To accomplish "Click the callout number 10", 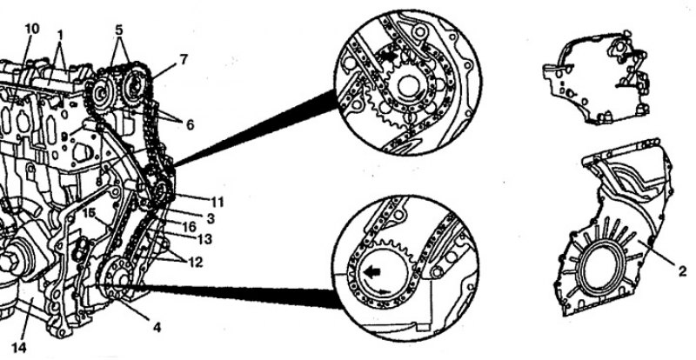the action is (x=32, y=29).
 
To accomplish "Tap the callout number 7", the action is (x=184, y=59).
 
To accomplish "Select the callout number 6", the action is (x=190, y=125).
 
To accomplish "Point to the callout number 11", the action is (x=217, y=203).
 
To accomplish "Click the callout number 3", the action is (x=211, y=218).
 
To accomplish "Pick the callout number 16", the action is (x=189, y=227).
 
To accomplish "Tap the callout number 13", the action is (x=204, y=240).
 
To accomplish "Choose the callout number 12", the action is (x=196, y=262).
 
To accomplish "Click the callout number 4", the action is (x=157, y=328).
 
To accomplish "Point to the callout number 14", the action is (x=18, y=348).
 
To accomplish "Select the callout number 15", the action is (x=89, y=213).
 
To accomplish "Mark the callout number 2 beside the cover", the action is (x=683, y=270).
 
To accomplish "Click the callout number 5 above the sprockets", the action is (x=119, y=30).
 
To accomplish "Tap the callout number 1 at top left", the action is (x=59, y=34).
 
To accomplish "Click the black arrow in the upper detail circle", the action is (x=387, y=57).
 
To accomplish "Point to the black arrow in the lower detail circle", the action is (x=371, y=272).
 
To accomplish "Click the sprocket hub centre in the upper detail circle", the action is (x=407, y=87).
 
